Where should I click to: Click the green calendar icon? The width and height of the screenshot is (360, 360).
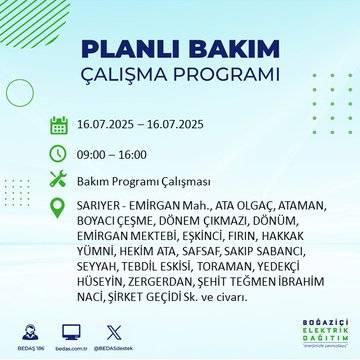tap(58, 126)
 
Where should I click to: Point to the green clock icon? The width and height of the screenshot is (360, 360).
tap(58, 153)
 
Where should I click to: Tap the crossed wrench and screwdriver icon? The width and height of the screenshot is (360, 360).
tap(58, 181)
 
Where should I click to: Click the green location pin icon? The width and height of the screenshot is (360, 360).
tap(58, 209)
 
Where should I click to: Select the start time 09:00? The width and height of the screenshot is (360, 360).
tap(97, 154)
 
